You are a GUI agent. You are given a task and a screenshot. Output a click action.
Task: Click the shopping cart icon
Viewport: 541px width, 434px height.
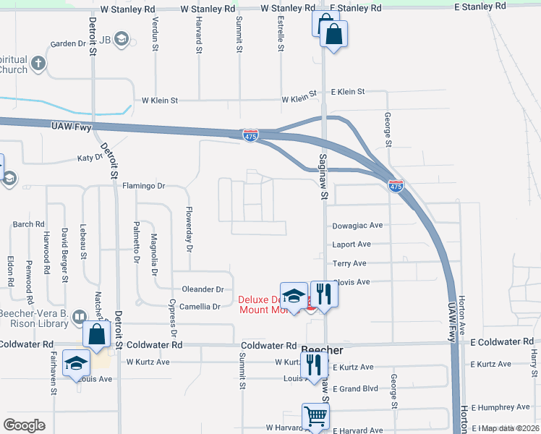315,416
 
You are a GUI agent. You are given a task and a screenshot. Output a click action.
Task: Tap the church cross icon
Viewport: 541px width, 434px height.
37,64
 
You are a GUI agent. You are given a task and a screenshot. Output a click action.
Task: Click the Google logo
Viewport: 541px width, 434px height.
25,425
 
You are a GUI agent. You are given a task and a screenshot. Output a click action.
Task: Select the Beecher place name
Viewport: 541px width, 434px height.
321,349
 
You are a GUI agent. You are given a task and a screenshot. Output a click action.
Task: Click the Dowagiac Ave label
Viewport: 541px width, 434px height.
357,226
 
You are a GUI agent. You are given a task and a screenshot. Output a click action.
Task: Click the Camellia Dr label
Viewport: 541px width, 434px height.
200,307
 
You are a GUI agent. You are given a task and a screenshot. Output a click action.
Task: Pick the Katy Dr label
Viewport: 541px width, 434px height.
90,158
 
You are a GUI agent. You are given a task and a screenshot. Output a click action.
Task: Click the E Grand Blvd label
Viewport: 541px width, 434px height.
355,388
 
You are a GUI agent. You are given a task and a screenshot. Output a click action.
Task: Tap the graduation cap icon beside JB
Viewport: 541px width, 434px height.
121,38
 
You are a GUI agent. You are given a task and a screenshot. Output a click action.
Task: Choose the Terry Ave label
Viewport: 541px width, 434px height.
349,263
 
